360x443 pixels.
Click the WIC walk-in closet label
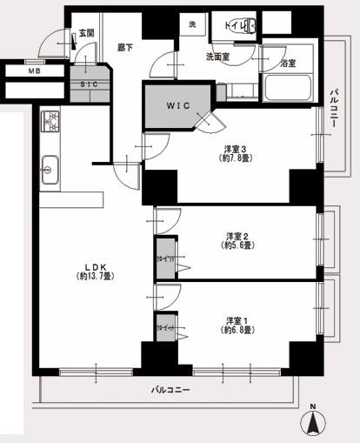click(x=177, y=106)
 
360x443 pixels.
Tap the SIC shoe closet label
click(x=88, y=84)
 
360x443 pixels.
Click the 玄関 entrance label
click(x=86, y=33)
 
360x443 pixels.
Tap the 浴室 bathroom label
click(x=288, y=64)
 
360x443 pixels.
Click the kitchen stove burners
click(x=49, y=119)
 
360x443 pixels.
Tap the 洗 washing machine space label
click(x=192, y=25)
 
